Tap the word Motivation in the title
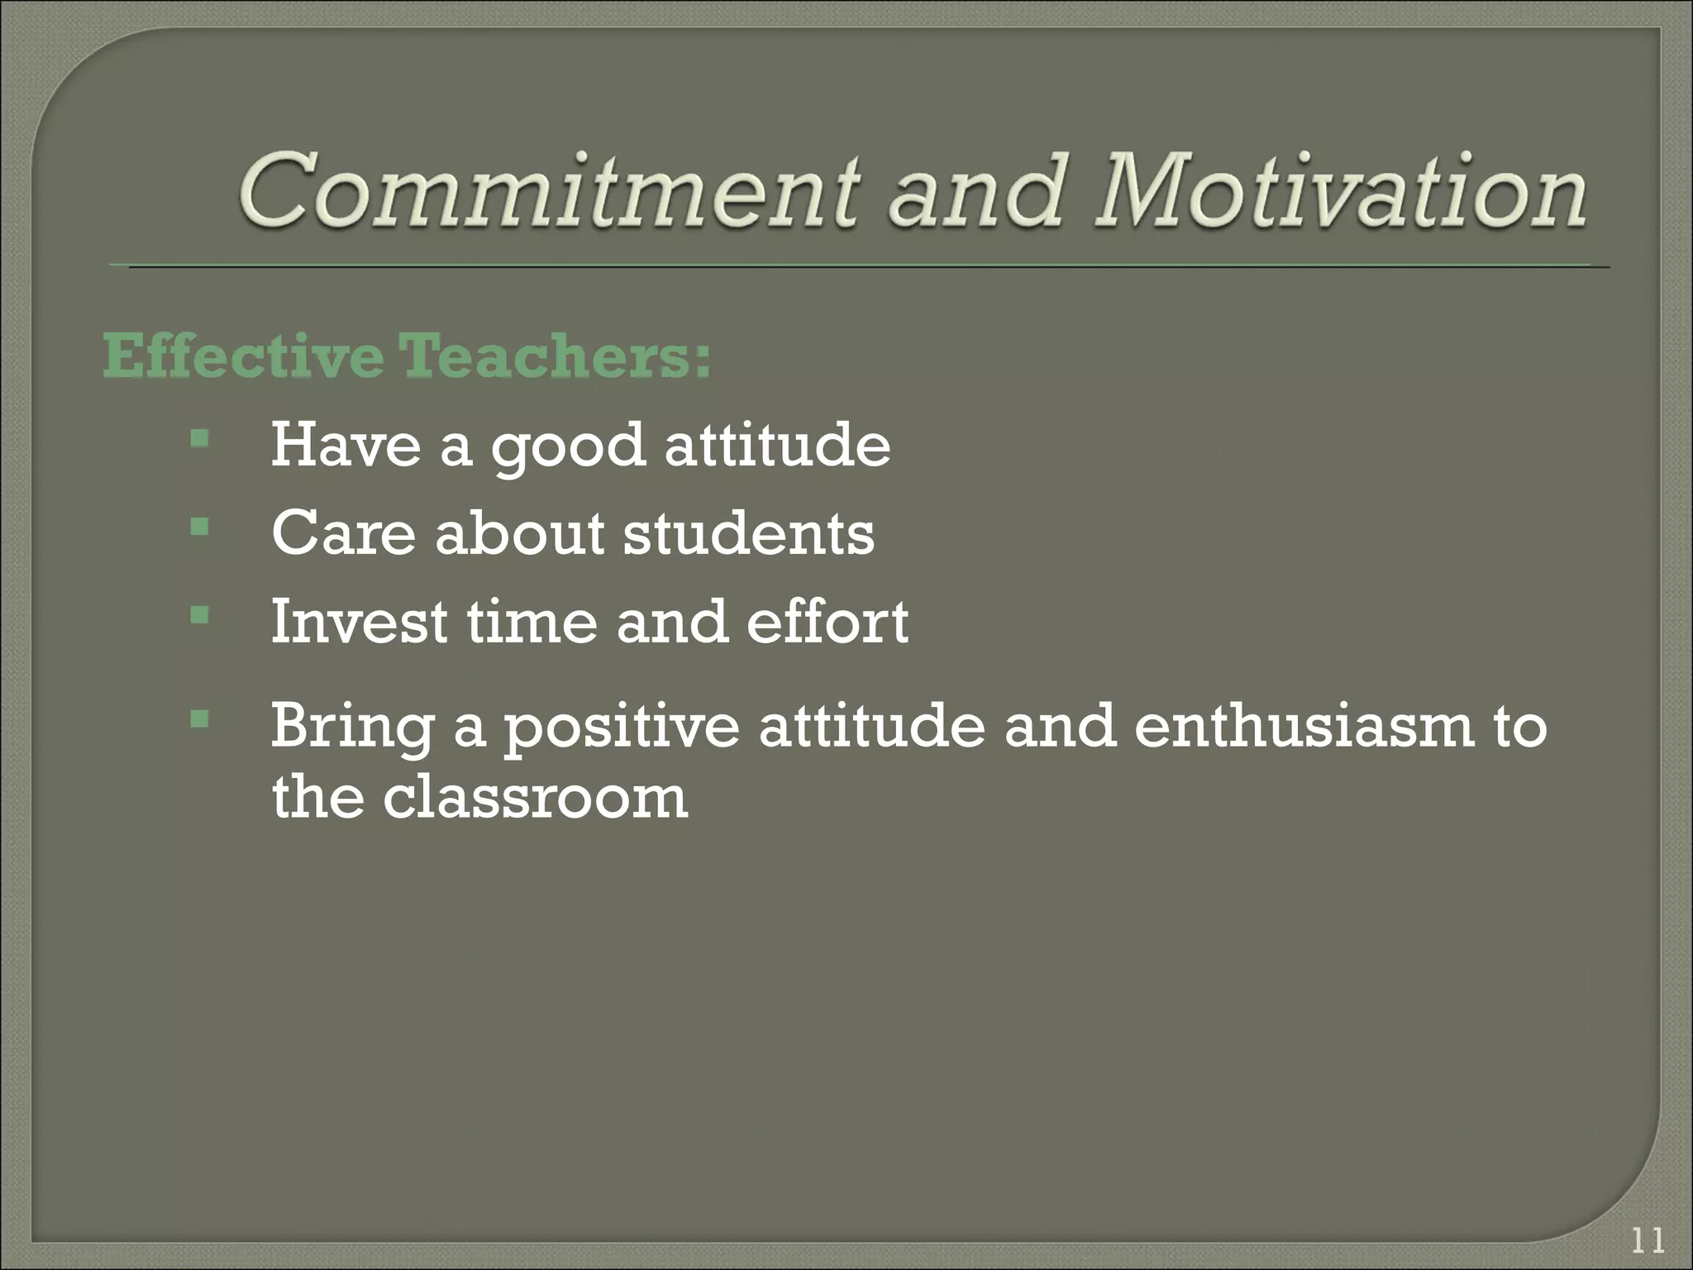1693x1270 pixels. coord(1339,192)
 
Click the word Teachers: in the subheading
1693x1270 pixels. coord(554,357)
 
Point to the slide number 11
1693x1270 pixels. coord(1648,1241)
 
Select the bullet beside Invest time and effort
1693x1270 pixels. coord(199,614)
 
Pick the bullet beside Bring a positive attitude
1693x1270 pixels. coord(199,719)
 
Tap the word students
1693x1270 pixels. coord(748,533)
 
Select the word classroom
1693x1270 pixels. coord(534,797)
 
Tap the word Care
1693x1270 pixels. coord(343,533)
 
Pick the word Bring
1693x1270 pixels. coord(352,728)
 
